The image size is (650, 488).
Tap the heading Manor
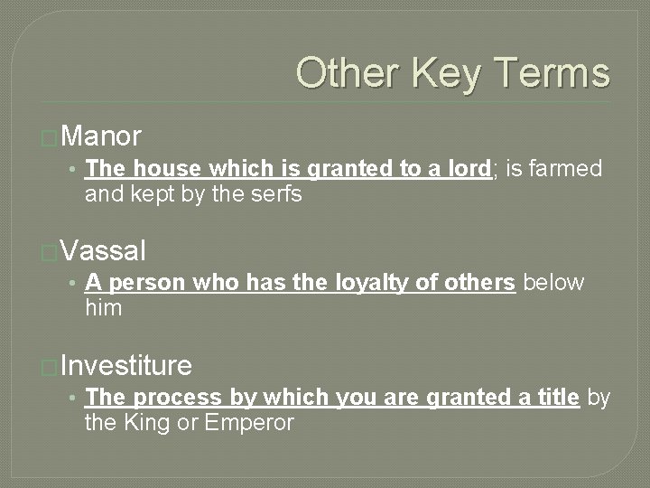[102, 136]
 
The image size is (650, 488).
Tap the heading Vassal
[105, 251]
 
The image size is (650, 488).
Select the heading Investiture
[126, 366]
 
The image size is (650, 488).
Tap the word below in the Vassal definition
[553, 283]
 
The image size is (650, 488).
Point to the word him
[103, 308]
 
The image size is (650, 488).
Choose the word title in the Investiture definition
[553, 398]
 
